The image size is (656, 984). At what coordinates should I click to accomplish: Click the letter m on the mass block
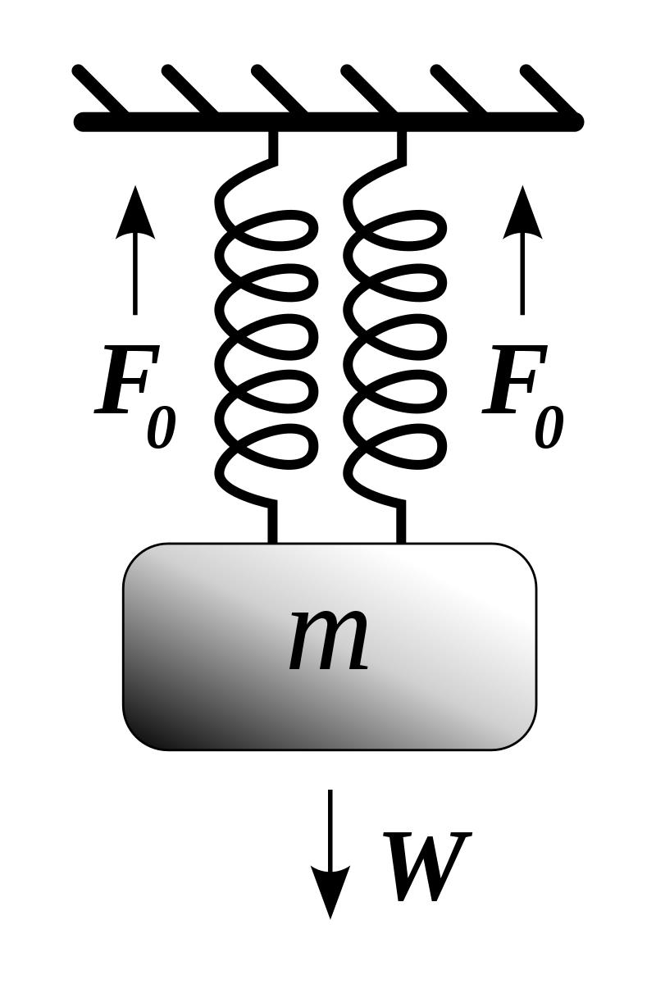pyautogui.click(x=329, y=641)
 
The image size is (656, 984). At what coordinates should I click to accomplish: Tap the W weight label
pyautogui.click(x=426, y=867)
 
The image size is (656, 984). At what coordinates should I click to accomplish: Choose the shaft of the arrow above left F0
pyautogui.click(x=134, y=279)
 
